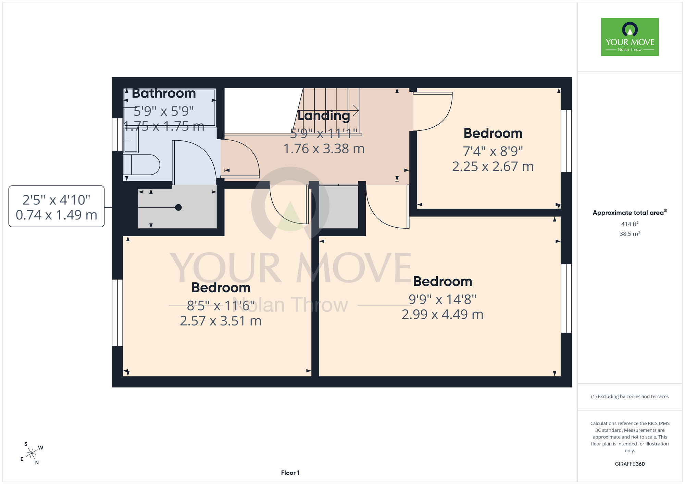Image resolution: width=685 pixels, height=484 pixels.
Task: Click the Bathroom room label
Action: [x=164, y=93]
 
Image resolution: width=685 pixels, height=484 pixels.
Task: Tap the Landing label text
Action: [x=324, y=116]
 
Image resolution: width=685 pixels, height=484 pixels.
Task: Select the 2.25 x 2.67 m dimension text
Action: [x=493, y=166]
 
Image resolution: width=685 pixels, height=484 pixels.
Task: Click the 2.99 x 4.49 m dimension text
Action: [x=443, y=314]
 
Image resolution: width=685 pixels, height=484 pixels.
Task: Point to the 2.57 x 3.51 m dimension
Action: [x=221, y=321]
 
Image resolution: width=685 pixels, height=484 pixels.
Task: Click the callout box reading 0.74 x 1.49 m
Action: [x=57, y=206]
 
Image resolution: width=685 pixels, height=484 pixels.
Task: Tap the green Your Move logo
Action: [x=630, y=37]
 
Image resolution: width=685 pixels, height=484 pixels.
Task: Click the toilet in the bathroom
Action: [x=141, y=165]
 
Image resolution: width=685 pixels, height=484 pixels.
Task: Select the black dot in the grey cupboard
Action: [x=178, y=207]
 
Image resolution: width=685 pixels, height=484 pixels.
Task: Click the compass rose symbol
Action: [x=31, y=454]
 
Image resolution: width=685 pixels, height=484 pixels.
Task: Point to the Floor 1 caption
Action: [x=290, y=473]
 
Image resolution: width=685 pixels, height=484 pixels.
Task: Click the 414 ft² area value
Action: [x=630, y=224]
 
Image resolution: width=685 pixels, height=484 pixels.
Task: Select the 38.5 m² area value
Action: [x=630, y=234]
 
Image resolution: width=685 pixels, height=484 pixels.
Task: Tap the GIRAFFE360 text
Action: [x=630, y=464]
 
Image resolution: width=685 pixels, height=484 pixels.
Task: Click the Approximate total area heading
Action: [x=630, y=213]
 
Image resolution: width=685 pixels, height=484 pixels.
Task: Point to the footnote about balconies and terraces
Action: [x=630, y=396]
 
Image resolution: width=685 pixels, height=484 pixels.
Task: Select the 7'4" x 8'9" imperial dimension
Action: [x=493, y=151]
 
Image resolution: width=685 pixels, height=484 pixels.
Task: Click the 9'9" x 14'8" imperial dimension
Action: [x=443, y=300]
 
